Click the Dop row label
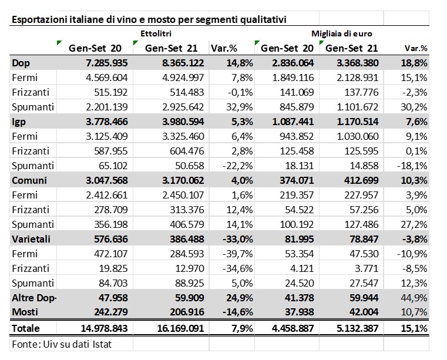click(21, 63)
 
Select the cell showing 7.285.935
click(107, 63)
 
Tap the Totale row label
click(25, 328)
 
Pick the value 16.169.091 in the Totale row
click(180, 328)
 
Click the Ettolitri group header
click(156, 33)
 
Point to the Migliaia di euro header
click(342, 33)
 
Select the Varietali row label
click(31, 239)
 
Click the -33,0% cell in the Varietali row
click(238, 239)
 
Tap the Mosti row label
click(25, 312)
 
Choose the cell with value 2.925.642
click(183, 107)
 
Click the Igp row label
click(19, 122)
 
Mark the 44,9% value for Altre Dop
click(414, 298)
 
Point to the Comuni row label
click(29, 180)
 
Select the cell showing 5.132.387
click(358, 328)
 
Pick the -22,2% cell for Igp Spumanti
click(238, 166)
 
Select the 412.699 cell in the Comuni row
click(361, 180)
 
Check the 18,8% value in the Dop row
click(414, 63)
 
